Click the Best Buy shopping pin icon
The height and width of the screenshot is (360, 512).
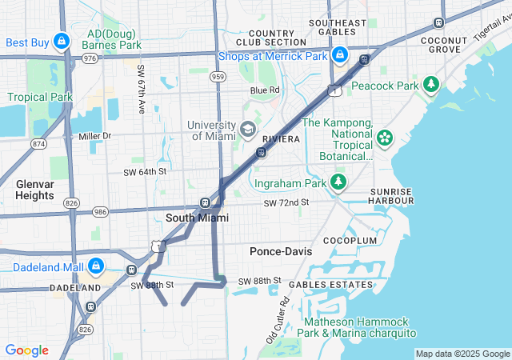[x=62, y=42]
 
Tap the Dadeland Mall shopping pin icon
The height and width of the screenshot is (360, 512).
[x=95, y=266]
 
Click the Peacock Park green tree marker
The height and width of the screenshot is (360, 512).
[x=431, y=84]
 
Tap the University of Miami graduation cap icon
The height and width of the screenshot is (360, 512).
[x=248, y=129]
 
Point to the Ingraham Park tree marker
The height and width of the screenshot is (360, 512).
[x=338, y=183]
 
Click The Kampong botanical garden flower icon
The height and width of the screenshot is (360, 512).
[x=385, y=138]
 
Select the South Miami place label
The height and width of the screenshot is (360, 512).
[x=197, y=218]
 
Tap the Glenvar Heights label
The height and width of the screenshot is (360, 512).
[x=35, y=190]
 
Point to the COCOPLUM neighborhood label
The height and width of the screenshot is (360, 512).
[x=350, y=240]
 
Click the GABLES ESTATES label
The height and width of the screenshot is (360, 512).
[x=330, y=284]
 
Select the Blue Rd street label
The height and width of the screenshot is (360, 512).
[x=265, y=90]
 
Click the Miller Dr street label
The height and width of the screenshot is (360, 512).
[x=94, y=136]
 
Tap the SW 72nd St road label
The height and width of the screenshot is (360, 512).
[x=286, y=203]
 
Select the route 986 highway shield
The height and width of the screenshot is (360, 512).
[x=99, y=212]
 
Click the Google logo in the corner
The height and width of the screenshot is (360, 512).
[x=26, y=350]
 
